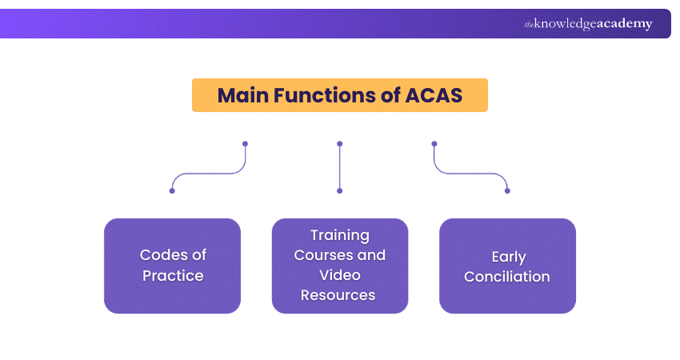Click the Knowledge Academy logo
588,24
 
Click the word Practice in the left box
173,276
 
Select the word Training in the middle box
340,235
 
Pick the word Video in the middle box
340,275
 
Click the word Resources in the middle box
340,295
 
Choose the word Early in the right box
508,257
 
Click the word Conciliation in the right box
507,277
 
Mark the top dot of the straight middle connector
340,144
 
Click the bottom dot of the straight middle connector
340,190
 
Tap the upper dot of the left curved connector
245,144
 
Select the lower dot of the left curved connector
172,190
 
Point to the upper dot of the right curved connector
434,144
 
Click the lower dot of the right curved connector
507,190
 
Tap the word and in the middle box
370,255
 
